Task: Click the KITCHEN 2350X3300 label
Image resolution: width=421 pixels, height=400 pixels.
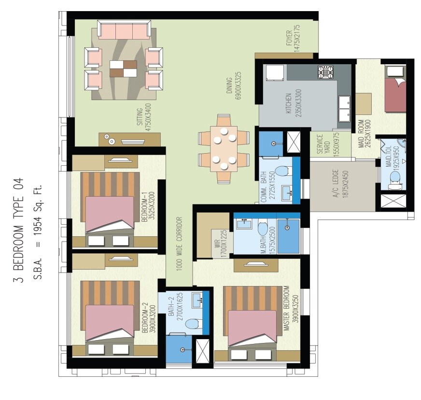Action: pos(292,104)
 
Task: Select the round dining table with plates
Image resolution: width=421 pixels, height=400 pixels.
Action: pos(223,149)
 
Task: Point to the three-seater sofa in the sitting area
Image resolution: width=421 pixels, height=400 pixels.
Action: pos(124,30)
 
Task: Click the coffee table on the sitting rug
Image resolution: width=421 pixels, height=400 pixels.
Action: pos(123,69)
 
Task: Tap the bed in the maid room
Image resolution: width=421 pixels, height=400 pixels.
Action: pos(395,95)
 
